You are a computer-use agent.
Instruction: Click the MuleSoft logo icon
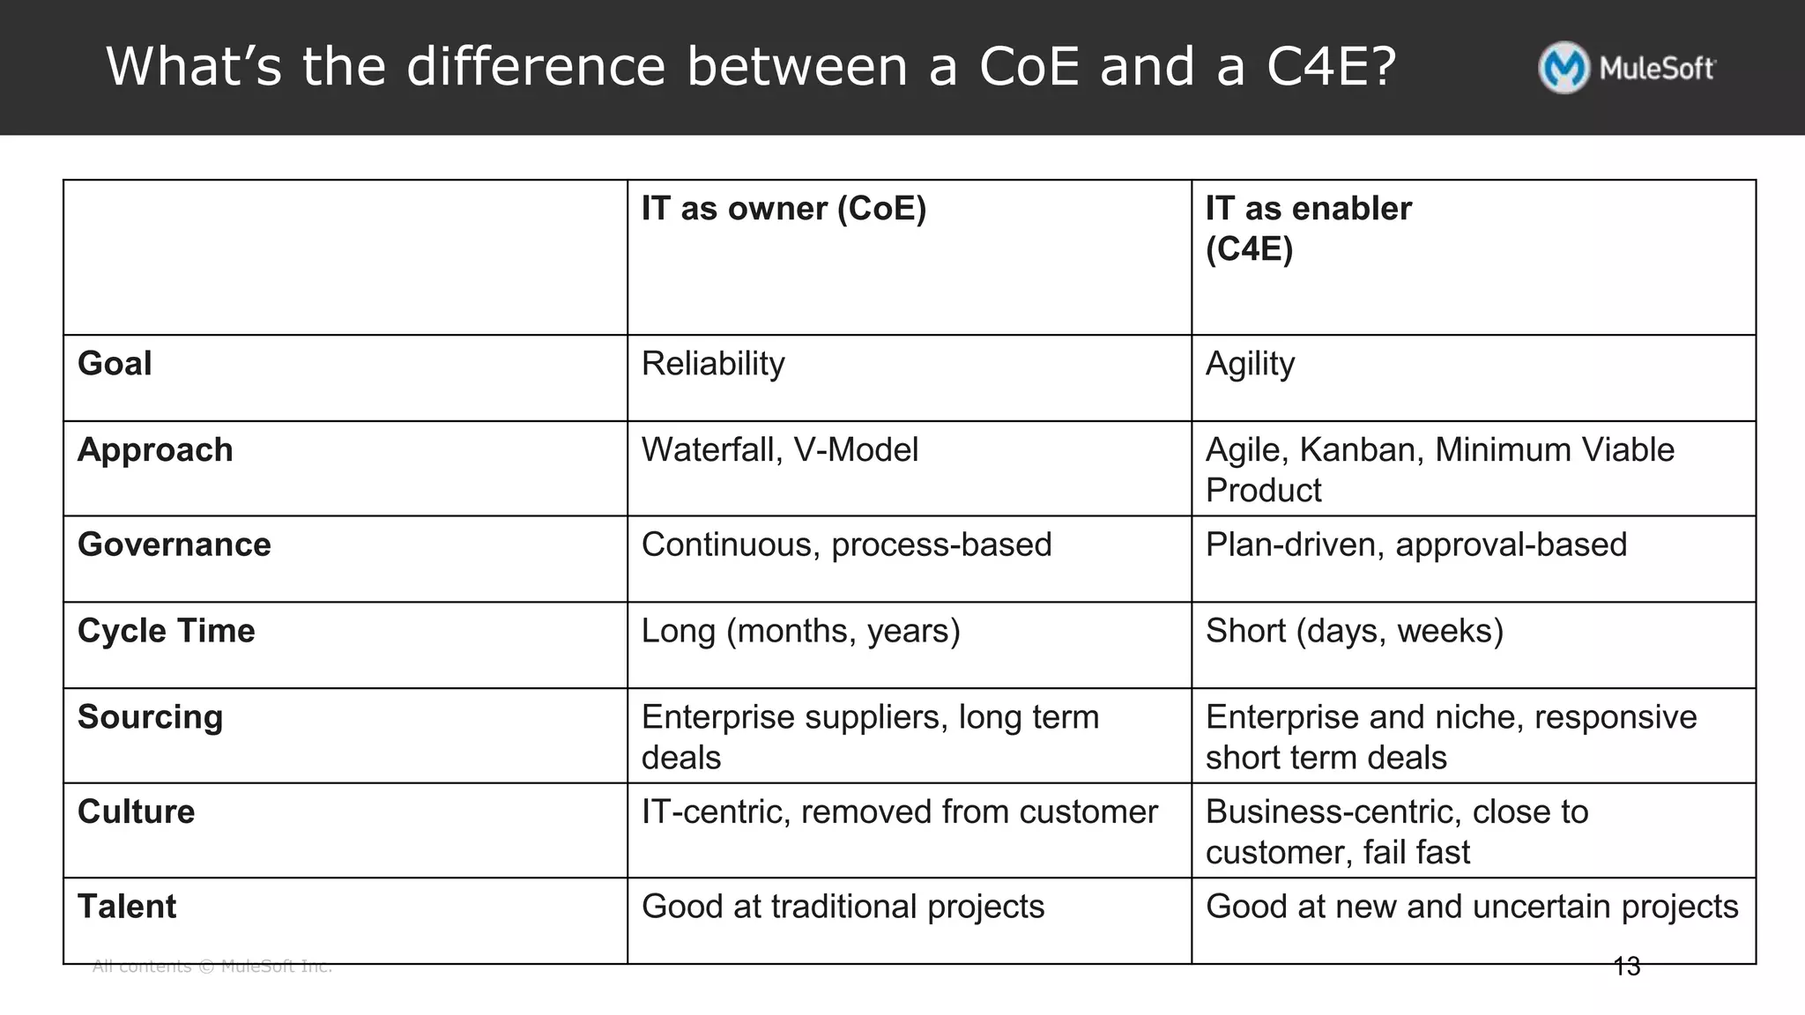click(x=1564, y=68)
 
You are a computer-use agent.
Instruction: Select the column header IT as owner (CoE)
click(x=784, y=209)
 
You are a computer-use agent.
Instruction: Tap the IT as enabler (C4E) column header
click(x=1308, y=228)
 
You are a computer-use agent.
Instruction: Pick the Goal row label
click(x=115, y=364)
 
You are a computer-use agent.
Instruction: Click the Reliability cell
click(x=713, y=364)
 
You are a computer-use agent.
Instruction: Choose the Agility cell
click(x=1250, y=364)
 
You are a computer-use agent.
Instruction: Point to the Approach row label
click(x=155, y=450)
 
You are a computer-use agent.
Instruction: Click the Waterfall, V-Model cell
click(x=779, y=450)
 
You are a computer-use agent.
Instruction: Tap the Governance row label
click(x=175, y=545)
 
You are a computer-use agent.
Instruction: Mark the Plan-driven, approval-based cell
click(x=1415, y=545)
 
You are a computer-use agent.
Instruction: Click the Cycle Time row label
click(x=167, y=631)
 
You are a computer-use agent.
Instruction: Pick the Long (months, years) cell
click(x=800, y=631)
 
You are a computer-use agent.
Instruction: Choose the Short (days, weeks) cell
click(x=1354, y=631)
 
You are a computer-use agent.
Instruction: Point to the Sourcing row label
click(x=150, y=717)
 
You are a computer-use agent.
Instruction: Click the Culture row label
click(x=136, y=811)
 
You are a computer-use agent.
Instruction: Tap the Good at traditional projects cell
click(x=843, y=907)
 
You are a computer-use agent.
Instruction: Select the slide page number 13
click(x=1626, y=967)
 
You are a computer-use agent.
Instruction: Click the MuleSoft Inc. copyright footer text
click(x=212, y=967)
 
